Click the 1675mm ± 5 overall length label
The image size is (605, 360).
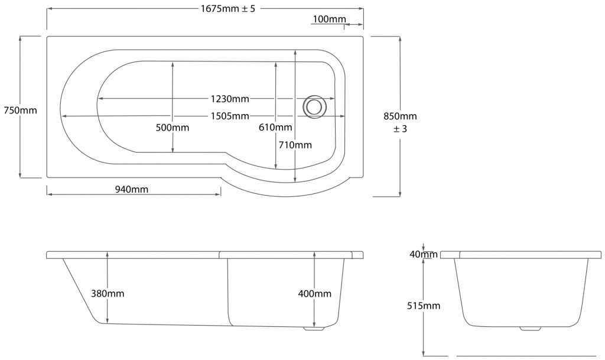[227, 8]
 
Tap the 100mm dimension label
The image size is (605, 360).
[329, 19]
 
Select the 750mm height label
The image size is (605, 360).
[20, 111]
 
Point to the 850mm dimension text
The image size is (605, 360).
[400, 116]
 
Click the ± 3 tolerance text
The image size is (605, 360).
[400, 129]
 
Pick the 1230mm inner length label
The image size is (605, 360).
[230, 99]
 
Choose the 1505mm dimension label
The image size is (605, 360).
[230, 116]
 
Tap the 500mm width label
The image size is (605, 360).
[173, 128]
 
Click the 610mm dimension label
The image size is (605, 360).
[275, 127]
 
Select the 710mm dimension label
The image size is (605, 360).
[295, 145]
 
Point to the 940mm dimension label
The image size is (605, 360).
[132, 189]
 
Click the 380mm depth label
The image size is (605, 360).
[108, 294]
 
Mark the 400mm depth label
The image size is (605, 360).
[314, 294]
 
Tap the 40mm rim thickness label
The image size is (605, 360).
[424, 254]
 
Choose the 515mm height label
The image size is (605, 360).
[424, 306]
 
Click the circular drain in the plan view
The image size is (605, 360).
[314, 106]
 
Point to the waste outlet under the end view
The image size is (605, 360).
[530, 329]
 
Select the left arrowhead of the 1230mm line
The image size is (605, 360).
[101, 99]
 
